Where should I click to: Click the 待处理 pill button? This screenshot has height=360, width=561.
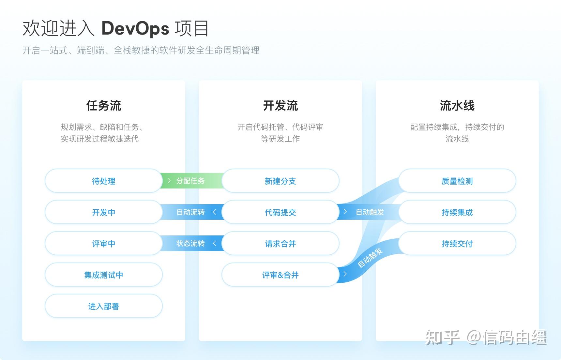103,181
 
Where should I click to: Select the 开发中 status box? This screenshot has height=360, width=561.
103,212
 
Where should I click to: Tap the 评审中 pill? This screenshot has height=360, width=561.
103,244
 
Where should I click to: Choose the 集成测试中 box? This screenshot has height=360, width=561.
103,275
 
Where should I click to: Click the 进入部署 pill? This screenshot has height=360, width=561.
103,306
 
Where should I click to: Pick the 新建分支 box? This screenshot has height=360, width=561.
280,181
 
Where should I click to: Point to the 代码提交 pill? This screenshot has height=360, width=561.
280,212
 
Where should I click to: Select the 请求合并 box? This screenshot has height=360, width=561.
280,244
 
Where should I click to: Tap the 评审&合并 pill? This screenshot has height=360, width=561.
280,275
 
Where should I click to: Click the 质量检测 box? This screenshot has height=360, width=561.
457,181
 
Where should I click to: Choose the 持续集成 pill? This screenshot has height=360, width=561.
457,212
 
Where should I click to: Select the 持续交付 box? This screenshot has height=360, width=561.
457,244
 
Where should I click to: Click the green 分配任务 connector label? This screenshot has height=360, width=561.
190,181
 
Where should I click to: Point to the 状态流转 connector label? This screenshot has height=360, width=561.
190,243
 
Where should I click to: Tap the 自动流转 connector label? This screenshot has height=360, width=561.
190,212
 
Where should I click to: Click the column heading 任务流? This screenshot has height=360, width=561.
103,106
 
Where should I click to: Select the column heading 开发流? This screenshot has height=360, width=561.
280,106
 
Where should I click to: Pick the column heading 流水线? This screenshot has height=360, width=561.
457,106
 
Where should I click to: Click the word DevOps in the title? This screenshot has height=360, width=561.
135,28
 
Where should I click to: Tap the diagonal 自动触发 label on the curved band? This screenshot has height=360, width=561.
370,258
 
